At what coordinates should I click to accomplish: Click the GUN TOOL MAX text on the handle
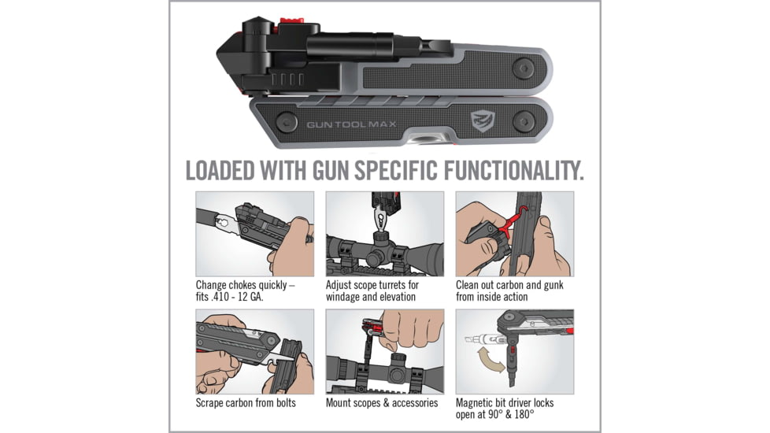[x=351, y=124]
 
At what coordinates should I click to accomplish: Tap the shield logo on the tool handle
[x=483, y=123]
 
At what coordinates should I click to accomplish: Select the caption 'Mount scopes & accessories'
[x=382, y=403]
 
